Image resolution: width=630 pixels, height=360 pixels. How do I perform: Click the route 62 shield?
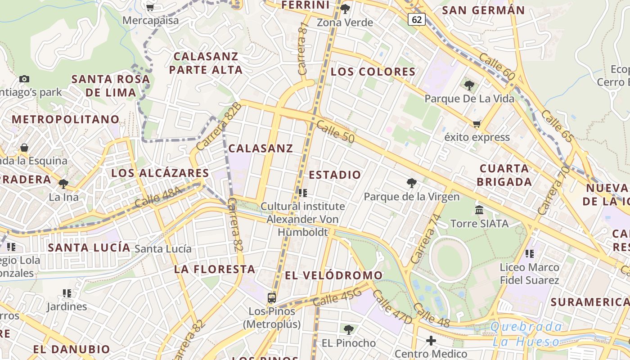point(417,19)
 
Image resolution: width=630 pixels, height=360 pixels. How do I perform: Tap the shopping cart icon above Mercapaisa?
point(150,7)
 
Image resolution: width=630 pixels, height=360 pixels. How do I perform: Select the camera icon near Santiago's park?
point(24,79)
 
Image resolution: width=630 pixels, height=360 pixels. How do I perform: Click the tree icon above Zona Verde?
point(345,9)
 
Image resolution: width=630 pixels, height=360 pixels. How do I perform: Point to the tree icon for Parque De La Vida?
point(469,85)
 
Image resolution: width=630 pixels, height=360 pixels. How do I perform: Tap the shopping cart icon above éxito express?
point(477,124)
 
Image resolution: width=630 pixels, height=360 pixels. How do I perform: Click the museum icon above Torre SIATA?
point(479,210)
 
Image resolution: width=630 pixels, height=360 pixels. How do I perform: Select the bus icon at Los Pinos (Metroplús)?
point(272,297)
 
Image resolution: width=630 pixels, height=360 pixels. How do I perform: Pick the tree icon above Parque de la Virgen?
point(411,183)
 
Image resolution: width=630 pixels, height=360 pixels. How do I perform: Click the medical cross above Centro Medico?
point(431,340)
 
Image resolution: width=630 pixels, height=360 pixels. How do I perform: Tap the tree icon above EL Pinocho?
point(348,330)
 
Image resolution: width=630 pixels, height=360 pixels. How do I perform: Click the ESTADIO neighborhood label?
point(335,175)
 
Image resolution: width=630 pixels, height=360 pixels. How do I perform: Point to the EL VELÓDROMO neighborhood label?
point(334,275)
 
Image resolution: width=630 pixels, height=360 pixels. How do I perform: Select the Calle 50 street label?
point(335,131)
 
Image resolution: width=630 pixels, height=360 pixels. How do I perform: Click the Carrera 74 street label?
point(424,239)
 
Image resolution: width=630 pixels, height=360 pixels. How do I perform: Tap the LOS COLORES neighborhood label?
point(373,72)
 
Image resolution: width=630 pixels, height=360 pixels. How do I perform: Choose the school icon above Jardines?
point(67,293)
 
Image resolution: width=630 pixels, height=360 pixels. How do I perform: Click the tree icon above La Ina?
point(63,184)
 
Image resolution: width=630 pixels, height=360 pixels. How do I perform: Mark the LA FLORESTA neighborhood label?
point(215,269)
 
